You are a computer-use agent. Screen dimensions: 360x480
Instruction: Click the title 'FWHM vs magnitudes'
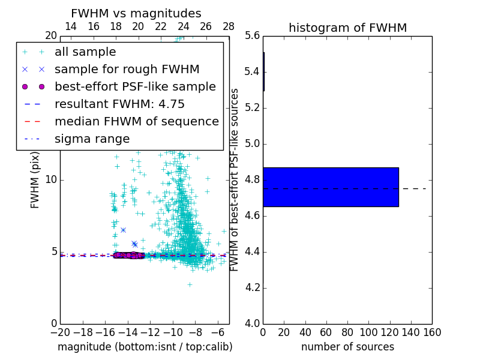(136, 14)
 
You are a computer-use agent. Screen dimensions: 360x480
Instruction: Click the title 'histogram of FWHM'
(347, 28)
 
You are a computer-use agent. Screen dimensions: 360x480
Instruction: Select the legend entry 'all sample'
(85, 52)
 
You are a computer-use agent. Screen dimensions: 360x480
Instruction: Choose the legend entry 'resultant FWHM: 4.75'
(119, 104)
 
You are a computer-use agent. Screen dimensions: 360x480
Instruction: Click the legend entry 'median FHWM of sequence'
(136, 122)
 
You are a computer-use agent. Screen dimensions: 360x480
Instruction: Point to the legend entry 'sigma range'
(92, 139)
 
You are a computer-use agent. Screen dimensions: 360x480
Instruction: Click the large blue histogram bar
(331, 187)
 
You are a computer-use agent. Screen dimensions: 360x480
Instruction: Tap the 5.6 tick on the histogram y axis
(252, 36)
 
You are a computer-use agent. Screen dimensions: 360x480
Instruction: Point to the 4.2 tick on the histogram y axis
(252, 287)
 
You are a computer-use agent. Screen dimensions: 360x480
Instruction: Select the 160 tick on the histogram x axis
(431, 332)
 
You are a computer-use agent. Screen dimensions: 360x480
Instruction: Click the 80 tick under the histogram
(347, 332)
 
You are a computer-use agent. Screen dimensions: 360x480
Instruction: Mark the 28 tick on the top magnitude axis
(229, 27)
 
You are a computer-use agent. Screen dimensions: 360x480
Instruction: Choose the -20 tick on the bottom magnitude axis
(60, 332)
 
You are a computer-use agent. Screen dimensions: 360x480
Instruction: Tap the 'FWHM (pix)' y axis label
(35, 180)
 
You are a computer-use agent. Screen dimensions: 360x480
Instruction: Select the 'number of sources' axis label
(347, 347)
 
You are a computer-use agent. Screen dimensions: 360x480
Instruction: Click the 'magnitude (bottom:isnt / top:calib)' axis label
(145, 347)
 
